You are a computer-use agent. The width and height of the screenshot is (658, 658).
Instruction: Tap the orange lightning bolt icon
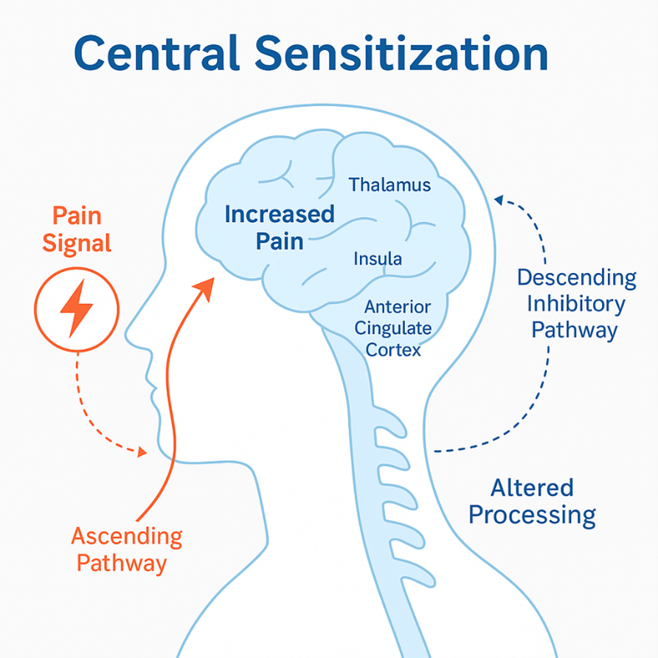coord(75,308)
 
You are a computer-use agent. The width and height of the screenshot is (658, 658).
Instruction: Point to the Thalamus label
coord(389,184)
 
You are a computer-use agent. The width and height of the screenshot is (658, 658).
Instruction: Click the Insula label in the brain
coord(378,259)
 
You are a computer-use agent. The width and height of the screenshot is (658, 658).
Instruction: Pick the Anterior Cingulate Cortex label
coord(398,328)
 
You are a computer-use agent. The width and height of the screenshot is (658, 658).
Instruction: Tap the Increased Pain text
coord(280,227)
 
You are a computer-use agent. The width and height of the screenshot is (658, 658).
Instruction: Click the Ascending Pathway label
coord(126,550)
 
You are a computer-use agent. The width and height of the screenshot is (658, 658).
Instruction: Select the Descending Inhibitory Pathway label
coord(576,303)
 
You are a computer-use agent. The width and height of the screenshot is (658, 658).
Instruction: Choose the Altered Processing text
coord(532,501)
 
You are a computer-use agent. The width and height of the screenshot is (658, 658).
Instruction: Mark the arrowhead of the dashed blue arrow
coord(499,198)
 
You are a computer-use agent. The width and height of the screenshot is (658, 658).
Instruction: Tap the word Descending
coord(576,278)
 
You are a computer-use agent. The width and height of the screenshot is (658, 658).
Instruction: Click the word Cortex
coord(394,350)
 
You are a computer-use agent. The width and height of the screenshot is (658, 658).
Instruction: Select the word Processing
coord(532,514)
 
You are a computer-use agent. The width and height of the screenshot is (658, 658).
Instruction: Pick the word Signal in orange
coord(77,243)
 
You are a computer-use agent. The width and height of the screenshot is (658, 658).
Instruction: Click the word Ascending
coord(126,536)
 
